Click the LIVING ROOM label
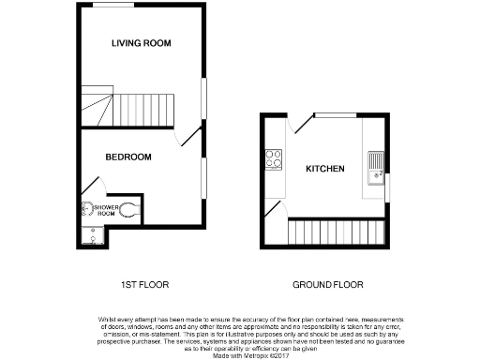(x=141, y=43)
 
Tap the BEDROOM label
(x=128, y=157)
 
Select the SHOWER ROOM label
(x=105, y=207)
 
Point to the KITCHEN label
(x=325, y=169)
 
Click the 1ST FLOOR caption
(x=137, y=284)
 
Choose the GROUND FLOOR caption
(x=327, y=284)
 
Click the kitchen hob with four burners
(x=275, y=159)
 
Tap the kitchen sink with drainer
(x=376, y=163)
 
